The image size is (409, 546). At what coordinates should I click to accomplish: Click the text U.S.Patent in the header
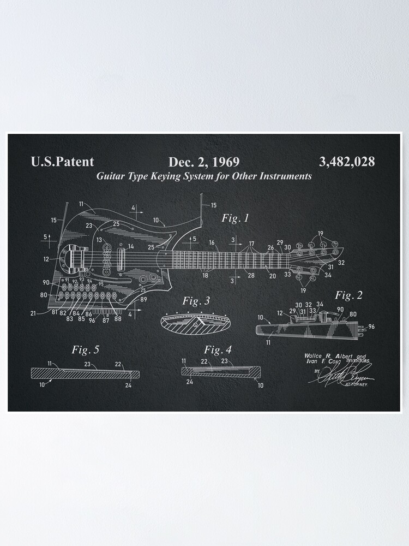[x=62, y=162]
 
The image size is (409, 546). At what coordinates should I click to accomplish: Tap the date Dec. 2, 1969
[x=203, y=162]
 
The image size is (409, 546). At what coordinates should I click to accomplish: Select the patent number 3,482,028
[x=346, y=162]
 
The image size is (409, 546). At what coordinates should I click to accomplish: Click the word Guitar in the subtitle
[x=111, y=176]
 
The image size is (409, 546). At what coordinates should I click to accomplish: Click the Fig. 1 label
[x=235, y=218]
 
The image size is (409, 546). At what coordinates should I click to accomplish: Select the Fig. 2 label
[x=349, y=296]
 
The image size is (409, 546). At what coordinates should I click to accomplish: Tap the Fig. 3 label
[x=196, y=301]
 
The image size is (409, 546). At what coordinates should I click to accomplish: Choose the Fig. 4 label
[x=218, y=349]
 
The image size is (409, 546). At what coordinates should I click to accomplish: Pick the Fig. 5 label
[x=86, y=349]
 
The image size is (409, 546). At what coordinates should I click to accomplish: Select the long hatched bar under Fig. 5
[x=82, y=373]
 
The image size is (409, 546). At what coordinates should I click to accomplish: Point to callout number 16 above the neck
[x=212, y=242]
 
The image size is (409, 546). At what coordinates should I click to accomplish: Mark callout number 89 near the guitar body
[x=143, y=300]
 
